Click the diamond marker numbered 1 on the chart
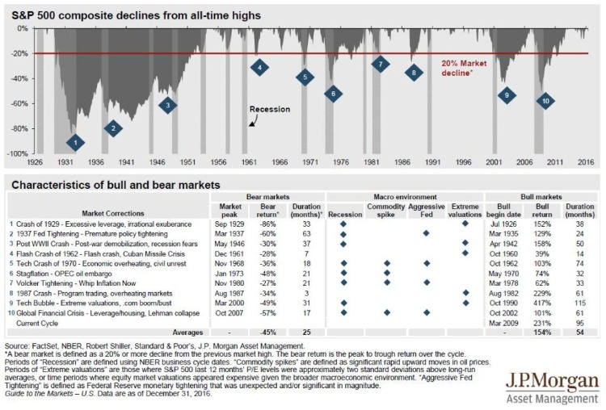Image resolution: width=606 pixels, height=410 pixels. [74, 143]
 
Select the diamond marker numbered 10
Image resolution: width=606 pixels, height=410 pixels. [546, 101]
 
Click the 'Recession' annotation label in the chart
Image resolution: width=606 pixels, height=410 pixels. [270, 109]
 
